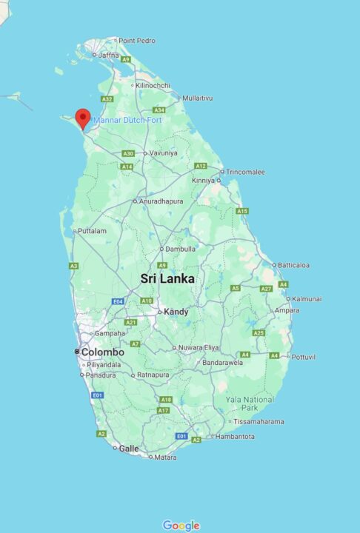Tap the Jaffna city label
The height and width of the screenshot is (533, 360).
108,55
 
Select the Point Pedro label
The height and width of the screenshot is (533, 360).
137,40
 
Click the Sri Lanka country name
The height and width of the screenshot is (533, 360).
168,279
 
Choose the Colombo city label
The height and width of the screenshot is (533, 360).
102,352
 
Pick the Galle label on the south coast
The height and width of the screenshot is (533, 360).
129,448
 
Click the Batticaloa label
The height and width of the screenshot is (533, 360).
294,265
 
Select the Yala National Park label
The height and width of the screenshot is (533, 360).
250,404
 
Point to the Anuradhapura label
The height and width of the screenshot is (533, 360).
161,201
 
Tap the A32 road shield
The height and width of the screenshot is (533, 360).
107,99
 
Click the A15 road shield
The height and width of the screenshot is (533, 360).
242,211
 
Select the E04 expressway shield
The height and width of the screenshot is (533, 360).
118,301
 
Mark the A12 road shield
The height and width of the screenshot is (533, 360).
200,166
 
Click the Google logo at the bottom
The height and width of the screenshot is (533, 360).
181,526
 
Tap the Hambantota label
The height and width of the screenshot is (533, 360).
235,437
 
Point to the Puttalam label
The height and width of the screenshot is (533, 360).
92,231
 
